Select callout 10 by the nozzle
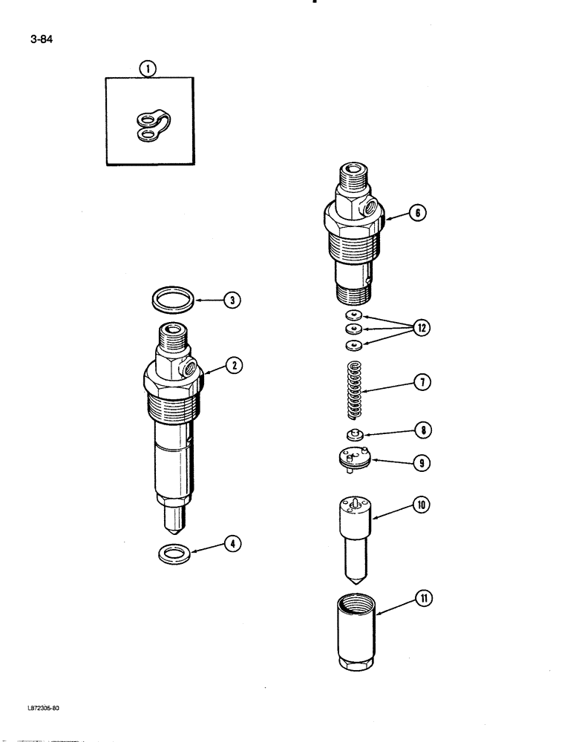click(x=421, y=505)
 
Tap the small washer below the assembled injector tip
click(x=174, y=552)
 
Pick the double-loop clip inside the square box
click(x=152, y=125)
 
